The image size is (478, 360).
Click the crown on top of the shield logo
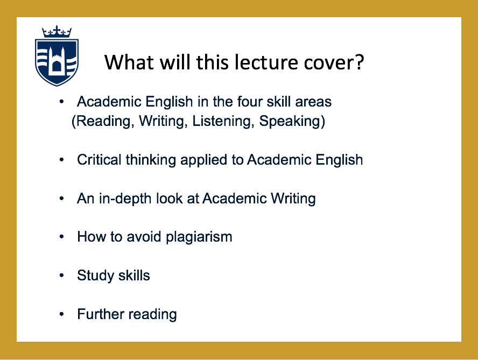coord(57,31)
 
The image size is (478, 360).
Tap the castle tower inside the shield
coord(57,60)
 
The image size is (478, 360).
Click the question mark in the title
coord(360,62)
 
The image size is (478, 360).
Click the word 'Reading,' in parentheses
coord(103,121)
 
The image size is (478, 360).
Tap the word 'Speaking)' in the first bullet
coord(292,121)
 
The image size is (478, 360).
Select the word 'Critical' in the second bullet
coord(99,160)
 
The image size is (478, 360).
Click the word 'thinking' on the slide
coord(151,160)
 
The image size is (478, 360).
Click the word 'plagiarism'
coord(199,237)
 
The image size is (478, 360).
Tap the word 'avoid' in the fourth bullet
coord(144,237)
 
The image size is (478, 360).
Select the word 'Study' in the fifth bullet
coord(95,276)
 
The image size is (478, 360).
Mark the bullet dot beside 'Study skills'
coord(61,276)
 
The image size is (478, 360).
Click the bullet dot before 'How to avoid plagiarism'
coord(61,237)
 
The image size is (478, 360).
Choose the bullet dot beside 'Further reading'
coord(61,314)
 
